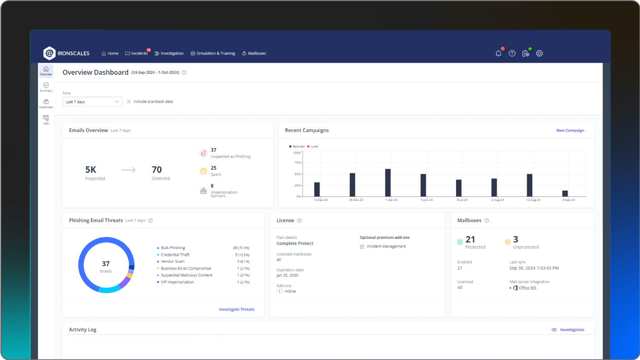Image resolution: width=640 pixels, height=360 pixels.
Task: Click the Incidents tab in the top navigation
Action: click(137, 53)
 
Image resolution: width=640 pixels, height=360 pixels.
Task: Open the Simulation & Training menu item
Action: click(213, 53)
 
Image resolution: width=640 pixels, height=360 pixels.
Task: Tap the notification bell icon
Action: click(498, 53)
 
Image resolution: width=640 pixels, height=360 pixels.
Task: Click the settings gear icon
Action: click(539, 53)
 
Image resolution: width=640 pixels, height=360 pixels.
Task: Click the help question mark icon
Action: click(512, 53)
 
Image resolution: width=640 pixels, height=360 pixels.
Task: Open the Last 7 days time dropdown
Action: click(92, 102)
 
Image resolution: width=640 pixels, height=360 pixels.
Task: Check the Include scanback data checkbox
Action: click(129, 102)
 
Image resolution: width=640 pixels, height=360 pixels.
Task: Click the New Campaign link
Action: click(570, 131)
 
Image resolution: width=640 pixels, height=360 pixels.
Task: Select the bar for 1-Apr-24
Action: click(388, 183)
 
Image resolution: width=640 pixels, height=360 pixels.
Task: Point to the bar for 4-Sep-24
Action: click(565, 193)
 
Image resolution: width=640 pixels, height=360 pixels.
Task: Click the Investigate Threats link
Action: click(236, 309)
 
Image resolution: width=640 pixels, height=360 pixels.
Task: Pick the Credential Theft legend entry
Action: click(175, 255)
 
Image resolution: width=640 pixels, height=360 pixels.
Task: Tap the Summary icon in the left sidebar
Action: click(46, 87)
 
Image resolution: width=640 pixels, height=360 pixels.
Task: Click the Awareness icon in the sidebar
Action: click(46, 103)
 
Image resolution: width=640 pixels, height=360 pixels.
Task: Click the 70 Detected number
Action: click(157, 170)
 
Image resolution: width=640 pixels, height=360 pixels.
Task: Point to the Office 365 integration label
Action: click(527, 288)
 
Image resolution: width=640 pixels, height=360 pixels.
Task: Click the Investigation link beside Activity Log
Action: click(572, 330)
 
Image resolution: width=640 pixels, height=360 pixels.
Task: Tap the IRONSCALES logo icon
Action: click(49, 53)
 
